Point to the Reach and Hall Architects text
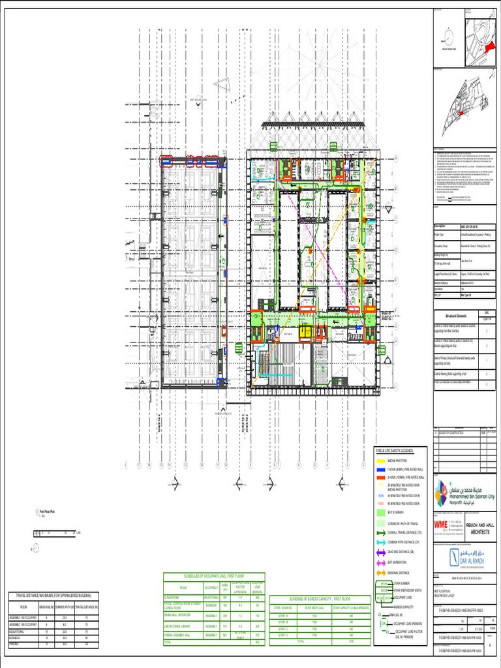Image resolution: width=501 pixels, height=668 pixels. [474, 528]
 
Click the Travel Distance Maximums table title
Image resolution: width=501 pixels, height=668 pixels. [53, 596]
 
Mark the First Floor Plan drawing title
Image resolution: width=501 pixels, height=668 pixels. [46, 512]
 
